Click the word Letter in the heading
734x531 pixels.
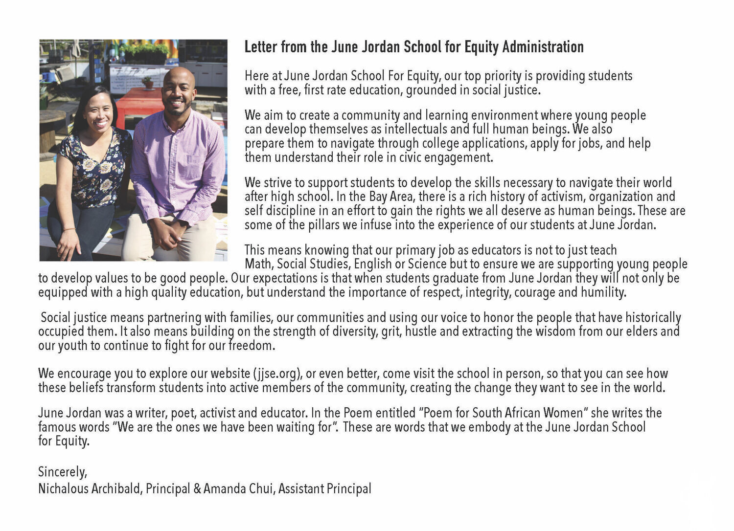coord(260,47)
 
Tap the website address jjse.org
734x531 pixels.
coord(276,374)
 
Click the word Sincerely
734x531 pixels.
coord(62,472)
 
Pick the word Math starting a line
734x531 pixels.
coord(258,265)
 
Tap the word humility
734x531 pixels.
coord(603,293)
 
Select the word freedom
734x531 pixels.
coord(252,346)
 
